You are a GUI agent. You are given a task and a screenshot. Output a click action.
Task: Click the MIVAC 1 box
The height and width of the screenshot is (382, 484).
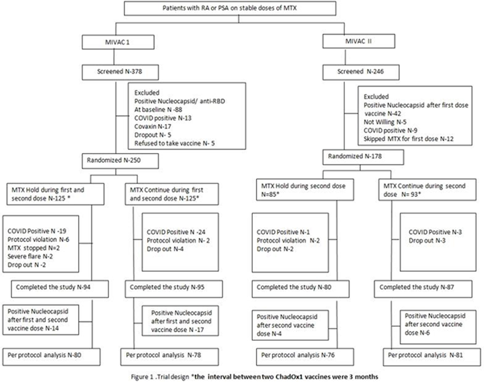point(118,42)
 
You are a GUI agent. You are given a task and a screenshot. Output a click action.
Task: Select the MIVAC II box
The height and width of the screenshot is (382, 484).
point(359,41)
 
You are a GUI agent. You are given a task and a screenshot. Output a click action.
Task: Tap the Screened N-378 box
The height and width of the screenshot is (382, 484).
point(120,72)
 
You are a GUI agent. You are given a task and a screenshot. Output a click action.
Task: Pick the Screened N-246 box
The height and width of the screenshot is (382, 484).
point(361,72)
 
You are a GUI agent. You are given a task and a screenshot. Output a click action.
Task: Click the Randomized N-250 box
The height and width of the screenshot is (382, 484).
point(120,161)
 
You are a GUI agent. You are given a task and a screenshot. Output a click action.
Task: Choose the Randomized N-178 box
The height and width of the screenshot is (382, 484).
point(363,157)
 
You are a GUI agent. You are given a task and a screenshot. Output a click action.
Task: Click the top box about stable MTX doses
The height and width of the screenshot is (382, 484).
point(230,8)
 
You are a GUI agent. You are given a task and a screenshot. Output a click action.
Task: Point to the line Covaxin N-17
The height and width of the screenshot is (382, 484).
point(153,127)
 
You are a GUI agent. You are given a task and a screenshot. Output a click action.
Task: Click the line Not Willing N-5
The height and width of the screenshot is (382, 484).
point(385,122)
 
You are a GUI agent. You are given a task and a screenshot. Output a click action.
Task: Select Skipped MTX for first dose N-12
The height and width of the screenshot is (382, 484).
point(408,139)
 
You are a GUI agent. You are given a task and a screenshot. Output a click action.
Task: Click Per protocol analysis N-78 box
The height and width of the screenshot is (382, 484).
point(169,357)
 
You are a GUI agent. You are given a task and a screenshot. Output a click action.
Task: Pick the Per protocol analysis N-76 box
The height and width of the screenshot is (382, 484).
point(305,357)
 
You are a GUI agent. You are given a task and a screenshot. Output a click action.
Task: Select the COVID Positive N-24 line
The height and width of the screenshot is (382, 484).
point(176,232)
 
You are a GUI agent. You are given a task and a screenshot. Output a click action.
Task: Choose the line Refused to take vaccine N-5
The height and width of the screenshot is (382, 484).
point(174,143)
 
